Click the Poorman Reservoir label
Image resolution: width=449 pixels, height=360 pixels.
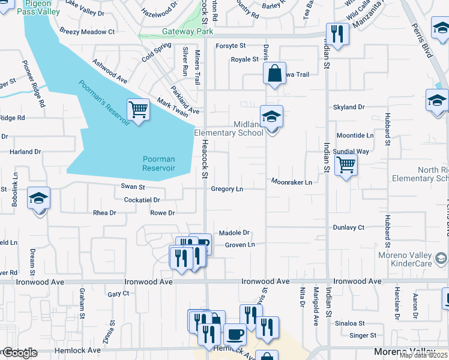point(159,163)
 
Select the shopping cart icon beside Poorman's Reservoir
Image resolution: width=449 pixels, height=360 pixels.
point(139,110)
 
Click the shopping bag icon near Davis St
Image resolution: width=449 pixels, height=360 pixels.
point(274,74)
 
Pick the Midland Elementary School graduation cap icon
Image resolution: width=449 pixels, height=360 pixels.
point(271,116)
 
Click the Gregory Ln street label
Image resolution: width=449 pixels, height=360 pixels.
point(227,189)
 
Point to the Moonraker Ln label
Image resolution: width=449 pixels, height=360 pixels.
point(292,181)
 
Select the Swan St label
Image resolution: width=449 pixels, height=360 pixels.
point(133,187)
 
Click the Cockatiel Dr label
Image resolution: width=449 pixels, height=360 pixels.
point(142,200)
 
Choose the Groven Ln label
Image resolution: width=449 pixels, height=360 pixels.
point(240,245)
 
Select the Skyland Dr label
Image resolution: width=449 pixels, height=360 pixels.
point(349,107)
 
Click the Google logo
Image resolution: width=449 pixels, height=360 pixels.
point(19,353)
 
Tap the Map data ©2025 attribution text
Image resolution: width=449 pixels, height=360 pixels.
point(423,355)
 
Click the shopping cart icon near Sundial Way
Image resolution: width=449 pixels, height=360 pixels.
point(346,164)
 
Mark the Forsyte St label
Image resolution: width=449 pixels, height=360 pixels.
point(231,46)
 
